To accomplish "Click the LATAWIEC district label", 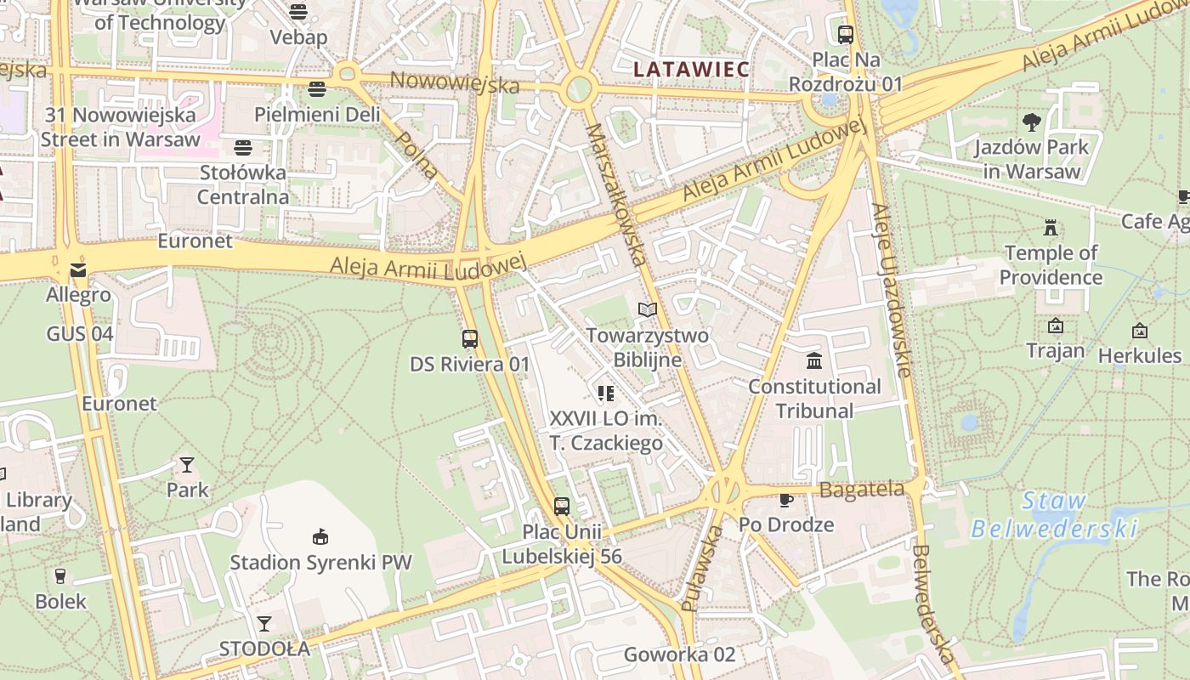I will tap(691, 69).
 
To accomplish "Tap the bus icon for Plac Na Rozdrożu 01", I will tap(845, 35).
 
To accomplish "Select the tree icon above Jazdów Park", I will tap(1032, 122).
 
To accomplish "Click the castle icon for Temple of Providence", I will tap(1051, 228).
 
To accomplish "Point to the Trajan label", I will tap(1055, 350).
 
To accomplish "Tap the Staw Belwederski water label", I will tap(1054, 515).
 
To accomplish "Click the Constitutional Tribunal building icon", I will tap(814, 361).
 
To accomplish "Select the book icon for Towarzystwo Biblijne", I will tap(648, 310).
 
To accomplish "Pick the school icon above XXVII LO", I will tap(605, 393).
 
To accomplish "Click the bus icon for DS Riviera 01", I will tap(470, 339).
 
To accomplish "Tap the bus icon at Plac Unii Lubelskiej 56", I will tap(561, 507).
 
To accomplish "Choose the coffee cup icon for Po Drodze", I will tap(785, 500).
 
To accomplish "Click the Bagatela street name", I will tap(861, 490).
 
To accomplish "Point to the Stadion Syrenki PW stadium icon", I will tap(320, 536).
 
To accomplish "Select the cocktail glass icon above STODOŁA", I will tap(264, 624).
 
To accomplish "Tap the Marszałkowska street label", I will tap(617, 195).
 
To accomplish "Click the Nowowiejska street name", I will tap(454, 82).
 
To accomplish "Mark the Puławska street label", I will tap(702, 568).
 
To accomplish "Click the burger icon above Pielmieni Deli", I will tap(317, 89).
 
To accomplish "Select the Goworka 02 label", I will tap(679, 654).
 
